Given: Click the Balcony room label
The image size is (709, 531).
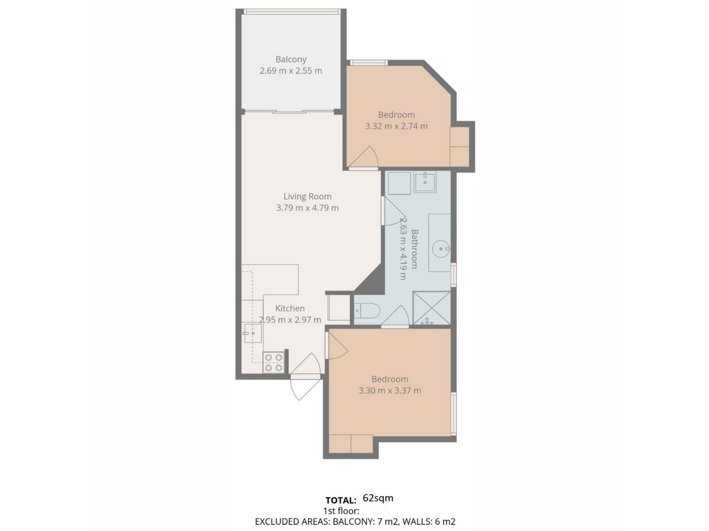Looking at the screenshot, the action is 291,59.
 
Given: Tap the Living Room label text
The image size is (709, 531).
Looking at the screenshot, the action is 308,197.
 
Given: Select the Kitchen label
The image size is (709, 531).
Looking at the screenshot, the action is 290,308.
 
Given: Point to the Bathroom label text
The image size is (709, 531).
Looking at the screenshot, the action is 414,249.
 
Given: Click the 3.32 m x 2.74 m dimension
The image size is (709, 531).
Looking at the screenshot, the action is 397,126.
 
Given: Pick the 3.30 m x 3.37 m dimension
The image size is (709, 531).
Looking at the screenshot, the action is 390,391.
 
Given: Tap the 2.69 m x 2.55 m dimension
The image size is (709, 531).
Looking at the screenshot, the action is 291,71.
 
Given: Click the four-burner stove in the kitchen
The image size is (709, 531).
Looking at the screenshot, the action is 274,362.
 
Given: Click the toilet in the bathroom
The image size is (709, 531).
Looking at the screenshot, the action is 367,311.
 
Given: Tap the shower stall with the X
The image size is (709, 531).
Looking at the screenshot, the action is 432,308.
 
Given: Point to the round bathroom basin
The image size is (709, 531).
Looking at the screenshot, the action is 441,249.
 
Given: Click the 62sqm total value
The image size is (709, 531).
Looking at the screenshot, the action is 378,498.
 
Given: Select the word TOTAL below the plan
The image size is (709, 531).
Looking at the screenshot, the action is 340,500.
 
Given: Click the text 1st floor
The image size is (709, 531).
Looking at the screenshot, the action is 341,511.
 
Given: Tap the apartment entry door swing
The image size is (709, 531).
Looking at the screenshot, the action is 306,376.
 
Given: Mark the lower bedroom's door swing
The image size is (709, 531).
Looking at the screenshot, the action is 337,345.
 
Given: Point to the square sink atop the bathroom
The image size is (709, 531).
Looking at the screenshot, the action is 425,181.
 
